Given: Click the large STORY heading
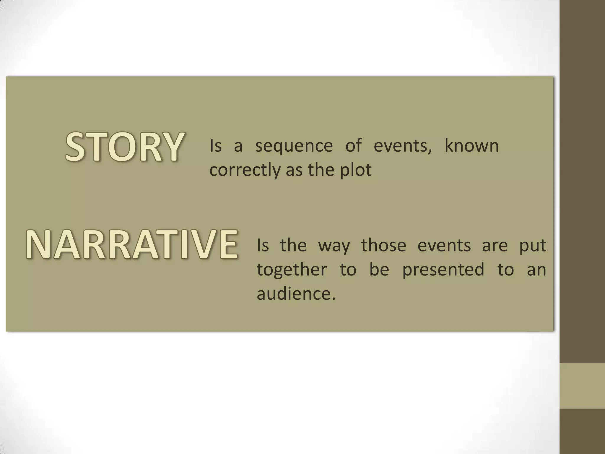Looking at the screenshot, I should pyautogui.click(x=125, y=147).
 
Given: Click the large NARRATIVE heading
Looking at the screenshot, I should pyautogui.click(x=132, y=244).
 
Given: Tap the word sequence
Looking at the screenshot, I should pyautogui.click(x=294, y=146).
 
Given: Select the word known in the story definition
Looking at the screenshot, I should pyautogui.click(x=471, y=146).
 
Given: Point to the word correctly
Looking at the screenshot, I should pyautogui.click(x=244, y=170).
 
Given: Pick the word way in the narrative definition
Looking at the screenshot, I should pyautogui.click(x=334, y=245).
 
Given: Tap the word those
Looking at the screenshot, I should pyautogui.click(x=384, y=245).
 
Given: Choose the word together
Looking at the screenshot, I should pyautogui.click(x=292, y=270).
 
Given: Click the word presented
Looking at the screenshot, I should pyautogui.click(x=443, y=270).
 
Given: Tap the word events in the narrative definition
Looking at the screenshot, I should pyautogui.click(x=444, y=245).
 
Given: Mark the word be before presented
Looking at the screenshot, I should pyautogui.click(x=379, y=269).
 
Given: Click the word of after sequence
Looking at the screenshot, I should pyautogui.click(x=353, y=145).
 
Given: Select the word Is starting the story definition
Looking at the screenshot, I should pyautogui.click(x=215, y=146).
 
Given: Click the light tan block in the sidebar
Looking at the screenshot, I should pyautogui.click(x=582, y=386).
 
